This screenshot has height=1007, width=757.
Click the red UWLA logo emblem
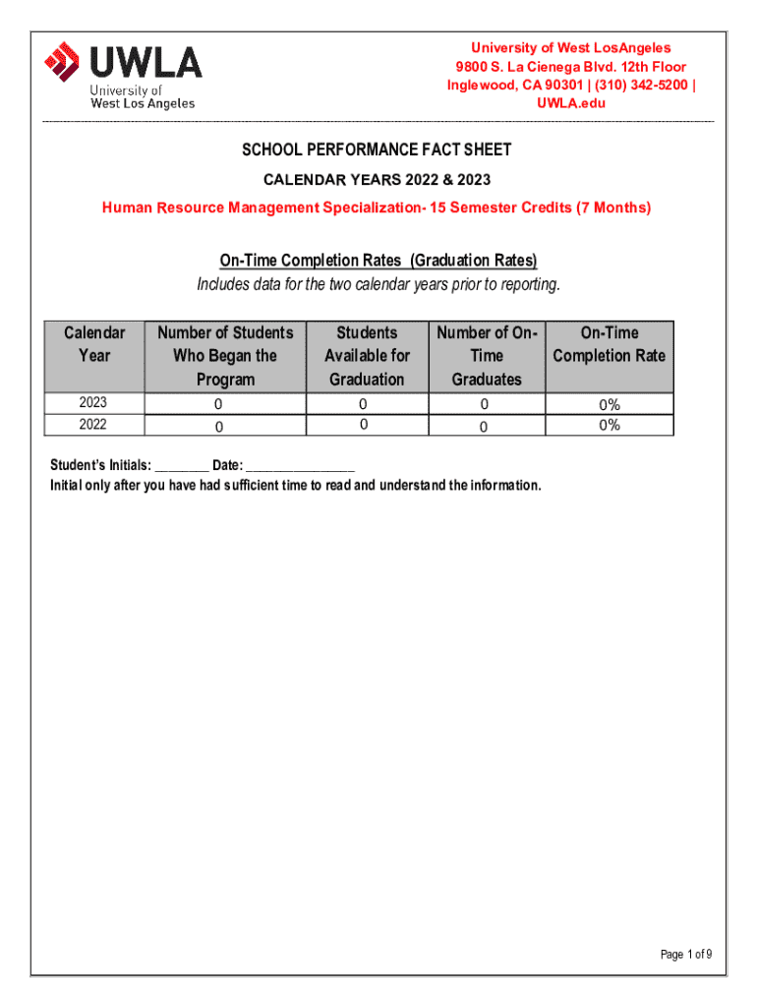[x=62, y=64]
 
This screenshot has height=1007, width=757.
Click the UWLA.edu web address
[x=570, y=103]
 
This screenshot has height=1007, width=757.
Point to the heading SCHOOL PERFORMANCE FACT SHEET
[x=378, y=150]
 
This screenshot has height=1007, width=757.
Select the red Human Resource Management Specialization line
[x=378, y=207]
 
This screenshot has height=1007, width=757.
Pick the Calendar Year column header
[x=94, y=344]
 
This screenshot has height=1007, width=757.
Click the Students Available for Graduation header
[x=367, y=356]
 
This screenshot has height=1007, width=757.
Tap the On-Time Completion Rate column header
[x=610, y=344]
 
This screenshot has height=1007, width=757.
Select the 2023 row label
[x=94, y=403]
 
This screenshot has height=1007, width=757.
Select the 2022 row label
[x=94, y=425]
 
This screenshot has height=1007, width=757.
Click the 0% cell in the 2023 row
[x=610, y=404]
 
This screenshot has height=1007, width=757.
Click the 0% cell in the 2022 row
[x=610, y=425]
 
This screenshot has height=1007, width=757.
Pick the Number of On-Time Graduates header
[x=486, y=356]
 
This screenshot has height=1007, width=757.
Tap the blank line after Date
[x=300, y=467]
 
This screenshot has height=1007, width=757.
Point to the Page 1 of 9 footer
[x=686, y=954]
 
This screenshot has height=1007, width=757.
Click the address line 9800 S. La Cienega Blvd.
[x=570, y=66]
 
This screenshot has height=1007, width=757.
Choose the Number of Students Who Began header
[x=225, y=356]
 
